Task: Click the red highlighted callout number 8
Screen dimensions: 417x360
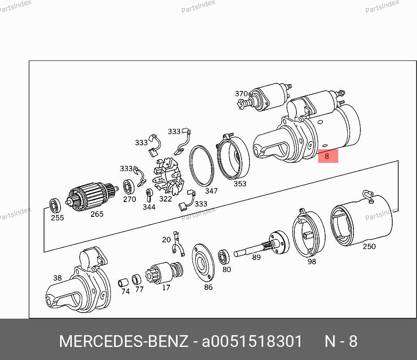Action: pos(327,156)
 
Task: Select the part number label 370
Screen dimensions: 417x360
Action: pos(241,94)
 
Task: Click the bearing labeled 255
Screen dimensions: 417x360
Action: pos(55,205)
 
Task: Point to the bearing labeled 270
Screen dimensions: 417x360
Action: pos(129,187)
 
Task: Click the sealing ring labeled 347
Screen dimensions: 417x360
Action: pos(202,166)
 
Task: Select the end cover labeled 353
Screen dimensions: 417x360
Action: pos(233,157)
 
